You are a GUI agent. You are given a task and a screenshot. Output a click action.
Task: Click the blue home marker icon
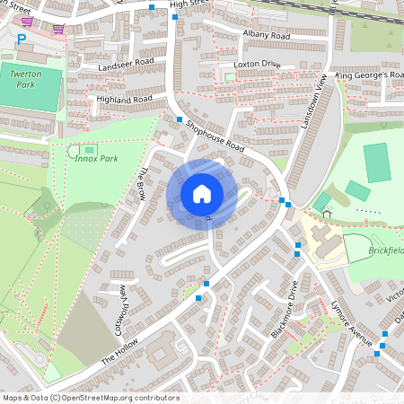point(202,194)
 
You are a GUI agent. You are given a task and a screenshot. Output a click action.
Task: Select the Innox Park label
point(96,159)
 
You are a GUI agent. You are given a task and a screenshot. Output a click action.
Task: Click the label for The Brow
point(140,185)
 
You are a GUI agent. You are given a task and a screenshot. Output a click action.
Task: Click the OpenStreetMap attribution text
point(91,398)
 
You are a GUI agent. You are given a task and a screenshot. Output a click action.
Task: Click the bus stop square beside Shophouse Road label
point(180,119)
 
